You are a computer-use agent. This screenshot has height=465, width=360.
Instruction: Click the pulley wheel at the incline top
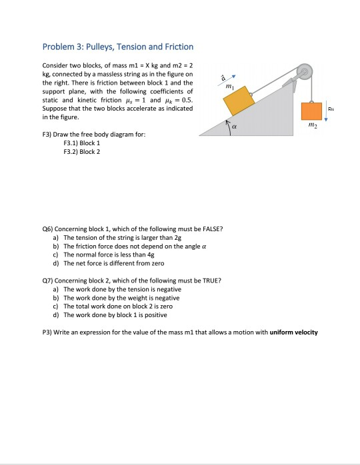[x=304, y=71]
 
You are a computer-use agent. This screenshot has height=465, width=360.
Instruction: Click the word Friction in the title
[x=175, y=47]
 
